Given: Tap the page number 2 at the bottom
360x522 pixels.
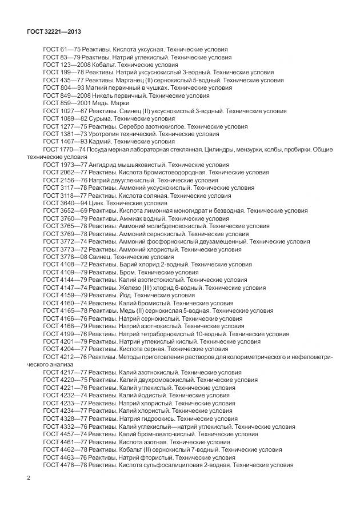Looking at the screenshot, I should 29,477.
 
